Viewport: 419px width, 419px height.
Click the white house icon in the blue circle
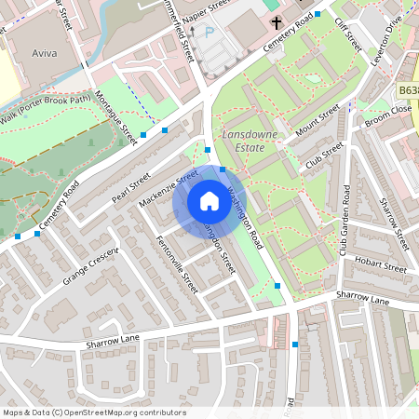click(209, 201)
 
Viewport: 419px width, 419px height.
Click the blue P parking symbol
click(209, 33)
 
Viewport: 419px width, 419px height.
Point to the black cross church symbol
click(277, 21)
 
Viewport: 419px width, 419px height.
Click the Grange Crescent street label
click(91, 265)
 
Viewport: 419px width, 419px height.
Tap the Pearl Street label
click(130, 186)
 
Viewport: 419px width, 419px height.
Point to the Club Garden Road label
click(344, 220)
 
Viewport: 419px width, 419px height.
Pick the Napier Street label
click(206, 9)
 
